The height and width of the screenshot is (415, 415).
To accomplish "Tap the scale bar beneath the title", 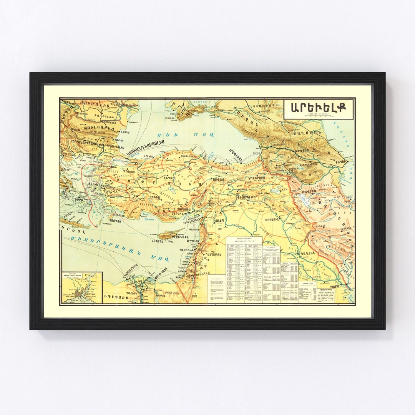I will (x=319, y=115).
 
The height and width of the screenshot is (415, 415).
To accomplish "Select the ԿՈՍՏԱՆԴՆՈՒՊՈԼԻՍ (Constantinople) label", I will (x=146, y=143).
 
